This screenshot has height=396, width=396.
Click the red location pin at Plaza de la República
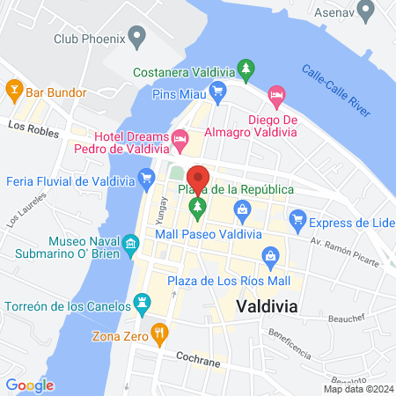click(x=199, y=179)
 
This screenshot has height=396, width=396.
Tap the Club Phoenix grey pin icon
click(x=136, y=37)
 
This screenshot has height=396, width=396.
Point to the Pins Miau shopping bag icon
click(x=219, y=92)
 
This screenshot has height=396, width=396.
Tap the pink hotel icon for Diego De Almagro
click(x=276, y=92)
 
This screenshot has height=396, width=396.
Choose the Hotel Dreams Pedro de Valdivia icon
click(x=180, y=138)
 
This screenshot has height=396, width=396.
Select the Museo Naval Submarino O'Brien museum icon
click(x=131, y=241)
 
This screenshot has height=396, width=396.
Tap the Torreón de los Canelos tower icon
click(x=140, y=304)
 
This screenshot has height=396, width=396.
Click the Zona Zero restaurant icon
click(x=159, y=333)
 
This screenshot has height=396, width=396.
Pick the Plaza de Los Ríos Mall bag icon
click(x=271, y=257)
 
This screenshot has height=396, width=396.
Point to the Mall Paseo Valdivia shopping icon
click(x=241, y=209)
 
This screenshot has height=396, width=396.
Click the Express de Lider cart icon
click(x=297, y=219)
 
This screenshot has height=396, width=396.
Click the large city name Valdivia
click(x=267, y=305)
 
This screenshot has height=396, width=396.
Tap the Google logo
click(x=30, y=385)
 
